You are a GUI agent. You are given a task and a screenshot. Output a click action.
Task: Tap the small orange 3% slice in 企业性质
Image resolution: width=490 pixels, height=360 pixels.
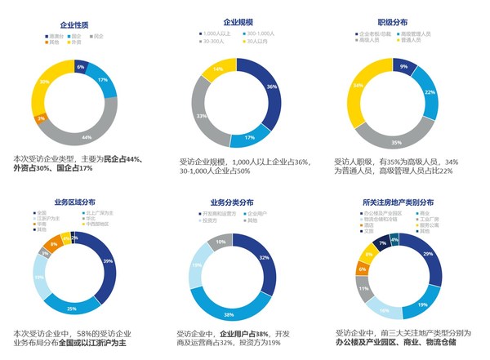[42, 119]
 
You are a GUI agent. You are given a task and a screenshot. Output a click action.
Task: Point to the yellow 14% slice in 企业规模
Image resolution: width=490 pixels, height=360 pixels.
[217, 71]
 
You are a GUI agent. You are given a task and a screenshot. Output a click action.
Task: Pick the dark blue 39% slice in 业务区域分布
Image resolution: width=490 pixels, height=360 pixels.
[107, 260]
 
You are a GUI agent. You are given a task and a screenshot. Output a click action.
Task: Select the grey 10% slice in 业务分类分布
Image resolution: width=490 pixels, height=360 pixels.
[220, 242]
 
